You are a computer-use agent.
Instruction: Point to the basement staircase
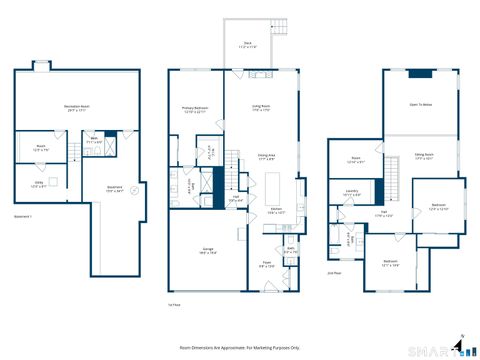click(x=74, y=151)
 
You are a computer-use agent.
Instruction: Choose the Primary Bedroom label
click(x=194, y=109)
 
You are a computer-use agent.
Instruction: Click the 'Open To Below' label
click(x=421, y=104)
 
